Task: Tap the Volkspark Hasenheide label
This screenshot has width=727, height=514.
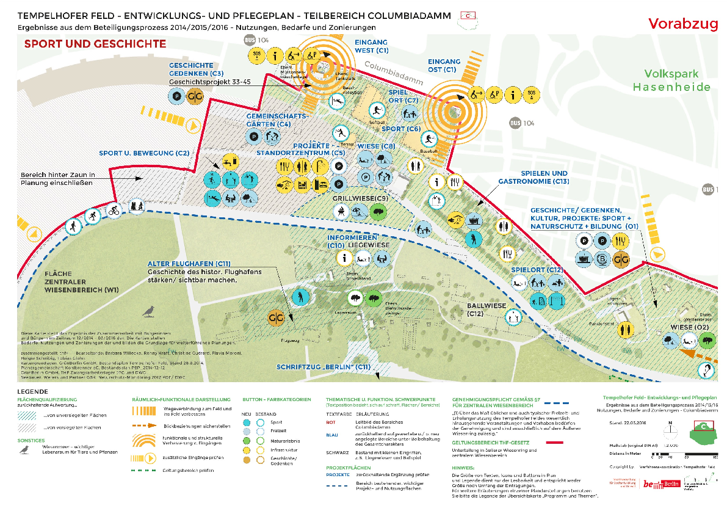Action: [671, 81]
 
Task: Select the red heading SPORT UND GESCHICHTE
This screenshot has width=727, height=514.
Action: [95, 44]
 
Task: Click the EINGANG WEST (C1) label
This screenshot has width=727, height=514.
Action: [372, 46]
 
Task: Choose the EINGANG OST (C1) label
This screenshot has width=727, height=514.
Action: [444, 66]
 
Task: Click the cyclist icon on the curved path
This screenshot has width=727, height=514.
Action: [114, 211]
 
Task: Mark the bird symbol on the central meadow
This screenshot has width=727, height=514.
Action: [149, 313]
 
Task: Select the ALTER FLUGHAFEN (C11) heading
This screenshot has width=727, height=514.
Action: [189, 264]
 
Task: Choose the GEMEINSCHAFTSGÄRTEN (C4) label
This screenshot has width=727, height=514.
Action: [269, 120]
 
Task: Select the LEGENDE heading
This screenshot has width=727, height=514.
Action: [32, 392]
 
